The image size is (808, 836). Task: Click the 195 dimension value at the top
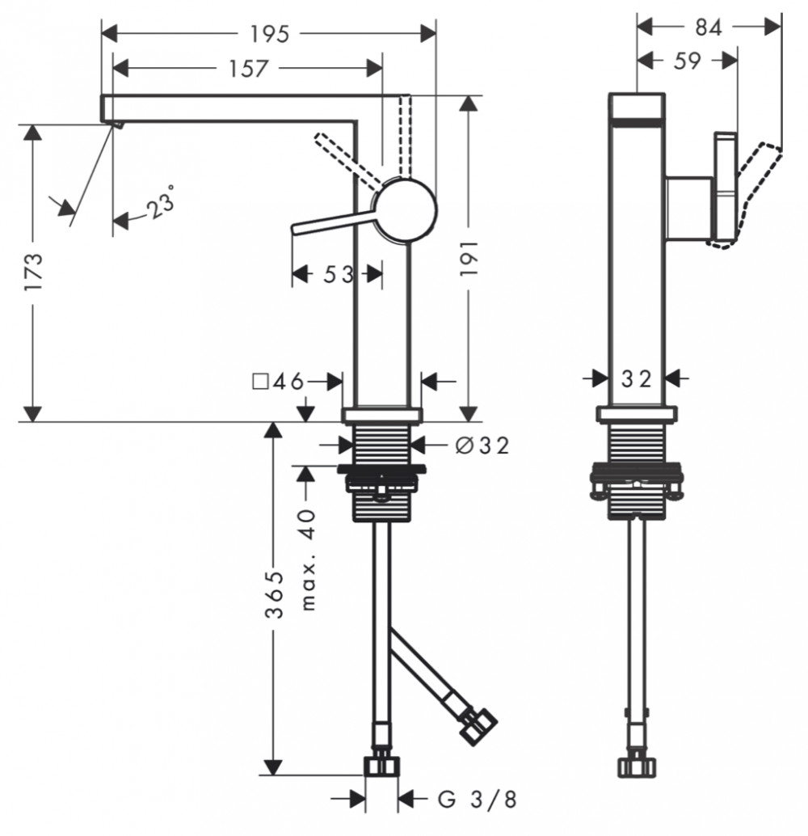click(x=269, y=35)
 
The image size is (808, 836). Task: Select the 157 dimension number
click(x=248, y=69)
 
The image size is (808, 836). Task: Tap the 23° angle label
click(x=161, y=203)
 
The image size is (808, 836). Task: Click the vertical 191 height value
click(x=469, y=259)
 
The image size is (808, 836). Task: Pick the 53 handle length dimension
click(x=339, y=275)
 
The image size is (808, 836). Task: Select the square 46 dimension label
click(x=278, y=381)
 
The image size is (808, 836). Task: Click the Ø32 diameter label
click(x=482, y=445)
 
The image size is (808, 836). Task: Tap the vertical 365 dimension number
click(x=275, y=596)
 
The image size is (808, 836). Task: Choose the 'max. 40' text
click(x=308, y=559)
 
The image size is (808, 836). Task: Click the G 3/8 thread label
click(x=478, y=799)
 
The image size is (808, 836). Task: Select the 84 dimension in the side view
click(x=709, y=27)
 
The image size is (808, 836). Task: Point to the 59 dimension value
click(x=687, y=61)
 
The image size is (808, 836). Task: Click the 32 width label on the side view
click(x=637, y=379)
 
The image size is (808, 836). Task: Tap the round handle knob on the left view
click(x=404, y=210)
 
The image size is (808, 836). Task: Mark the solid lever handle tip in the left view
click(x=294, y=230)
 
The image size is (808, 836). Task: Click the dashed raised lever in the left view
click(x=347, y=159)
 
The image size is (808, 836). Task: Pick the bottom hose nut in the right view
click(x=637, y=767)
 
